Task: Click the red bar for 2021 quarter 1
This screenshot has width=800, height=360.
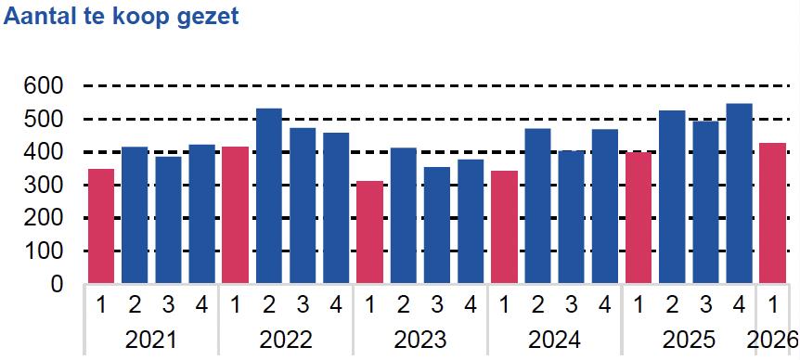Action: tap(101, 225)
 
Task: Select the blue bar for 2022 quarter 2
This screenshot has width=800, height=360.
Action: tap(269, 196)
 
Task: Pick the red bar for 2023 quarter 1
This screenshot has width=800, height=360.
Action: tap(370, 232)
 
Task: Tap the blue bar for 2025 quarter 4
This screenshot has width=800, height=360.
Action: tap(740, 193)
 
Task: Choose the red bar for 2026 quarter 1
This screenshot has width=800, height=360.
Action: tap(772, 213)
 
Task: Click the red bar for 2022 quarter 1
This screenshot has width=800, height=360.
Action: tap(235, 214)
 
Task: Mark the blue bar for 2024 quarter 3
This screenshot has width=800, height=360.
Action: tap(571, 217)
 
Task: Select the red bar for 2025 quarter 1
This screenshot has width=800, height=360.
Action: tap(639, 218)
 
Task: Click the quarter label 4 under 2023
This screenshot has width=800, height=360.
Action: tap(471, 305)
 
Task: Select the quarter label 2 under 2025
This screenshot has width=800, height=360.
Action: tap(672, 305)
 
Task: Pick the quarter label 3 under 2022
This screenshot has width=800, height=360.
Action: tap(303, 305)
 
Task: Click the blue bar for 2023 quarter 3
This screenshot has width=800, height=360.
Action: tap(437, 225)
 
